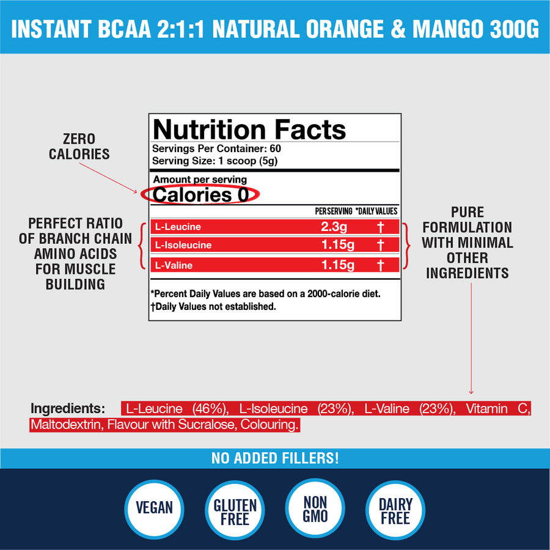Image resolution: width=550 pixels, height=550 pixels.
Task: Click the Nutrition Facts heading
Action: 249,130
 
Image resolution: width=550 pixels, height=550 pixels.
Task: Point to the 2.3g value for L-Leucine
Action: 334,227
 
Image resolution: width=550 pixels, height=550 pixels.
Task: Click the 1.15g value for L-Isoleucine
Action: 337,246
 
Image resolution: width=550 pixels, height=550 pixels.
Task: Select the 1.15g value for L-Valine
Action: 337,265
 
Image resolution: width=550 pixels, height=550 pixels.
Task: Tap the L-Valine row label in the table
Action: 174,265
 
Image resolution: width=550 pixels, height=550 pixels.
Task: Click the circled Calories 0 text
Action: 200,195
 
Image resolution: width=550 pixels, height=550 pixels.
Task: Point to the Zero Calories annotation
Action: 79,147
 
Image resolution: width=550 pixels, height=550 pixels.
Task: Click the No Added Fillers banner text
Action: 275,458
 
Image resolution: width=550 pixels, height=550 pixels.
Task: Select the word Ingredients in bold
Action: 68,408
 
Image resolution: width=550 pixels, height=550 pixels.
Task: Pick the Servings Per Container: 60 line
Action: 216,148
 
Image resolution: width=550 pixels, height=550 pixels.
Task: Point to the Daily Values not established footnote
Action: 213,306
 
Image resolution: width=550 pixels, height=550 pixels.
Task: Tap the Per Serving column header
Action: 333,211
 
